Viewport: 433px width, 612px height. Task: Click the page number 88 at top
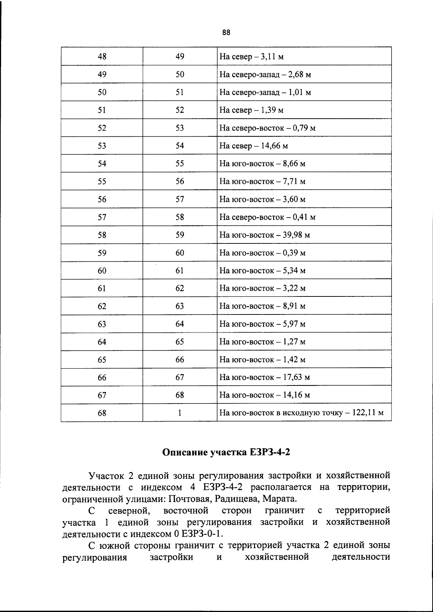pyautogui.click(x=226, y=33)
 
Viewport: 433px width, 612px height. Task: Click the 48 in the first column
pyautogui.click(x=102, y=57)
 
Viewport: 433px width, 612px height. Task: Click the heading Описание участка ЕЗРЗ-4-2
pyautogui.click(x=226, y=452)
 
